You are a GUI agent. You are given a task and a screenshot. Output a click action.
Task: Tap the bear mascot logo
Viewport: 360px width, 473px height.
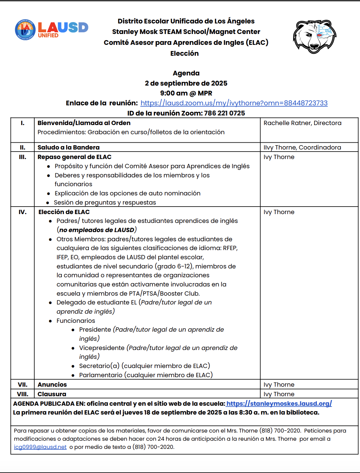point(314,36)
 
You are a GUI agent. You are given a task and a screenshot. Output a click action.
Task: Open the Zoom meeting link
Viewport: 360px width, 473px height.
point(234,103)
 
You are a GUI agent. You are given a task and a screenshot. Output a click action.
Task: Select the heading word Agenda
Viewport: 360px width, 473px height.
point(186,73)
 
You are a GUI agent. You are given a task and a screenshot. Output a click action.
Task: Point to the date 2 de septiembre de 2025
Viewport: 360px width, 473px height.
point(186,83)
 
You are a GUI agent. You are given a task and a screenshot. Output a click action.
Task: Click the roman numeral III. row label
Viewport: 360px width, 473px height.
point(22,157)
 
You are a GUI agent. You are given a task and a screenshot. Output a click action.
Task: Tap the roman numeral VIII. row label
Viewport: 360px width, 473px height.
point(22,394)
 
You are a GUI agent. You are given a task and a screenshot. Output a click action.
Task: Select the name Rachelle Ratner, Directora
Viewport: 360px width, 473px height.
point(302,123)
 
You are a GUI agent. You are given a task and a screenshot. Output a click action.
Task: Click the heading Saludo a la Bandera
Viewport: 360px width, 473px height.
point(69,147)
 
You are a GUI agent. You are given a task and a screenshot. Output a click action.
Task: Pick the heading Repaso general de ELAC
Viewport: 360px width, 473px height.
point(74,157)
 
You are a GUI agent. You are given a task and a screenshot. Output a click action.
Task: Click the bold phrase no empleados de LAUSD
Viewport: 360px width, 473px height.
point(97,230)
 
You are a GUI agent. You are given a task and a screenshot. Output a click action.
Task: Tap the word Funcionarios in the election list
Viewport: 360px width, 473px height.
point(76,321)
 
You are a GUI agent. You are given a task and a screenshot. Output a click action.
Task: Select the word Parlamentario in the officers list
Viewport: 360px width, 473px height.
point(101,375)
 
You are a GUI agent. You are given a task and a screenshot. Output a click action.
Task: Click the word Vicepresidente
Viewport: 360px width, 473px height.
point(102,348)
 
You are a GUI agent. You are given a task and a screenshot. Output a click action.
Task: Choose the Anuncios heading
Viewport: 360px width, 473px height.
point(52,385)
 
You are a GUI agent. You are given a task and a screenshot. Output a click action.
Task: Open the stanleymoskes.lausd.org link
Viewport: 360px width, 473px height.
point(279,404)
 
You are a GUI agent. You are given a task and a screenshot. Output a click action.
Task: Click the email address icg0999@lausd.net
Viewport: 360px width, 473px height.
point(40,447)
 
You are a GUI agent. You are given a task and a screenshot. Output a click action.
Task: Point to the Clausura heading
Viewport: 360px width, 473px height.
point(52,394)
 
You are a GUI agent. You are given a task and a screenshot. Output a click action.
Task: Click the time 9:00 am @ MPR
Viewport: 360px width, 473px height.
point(186,93)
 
